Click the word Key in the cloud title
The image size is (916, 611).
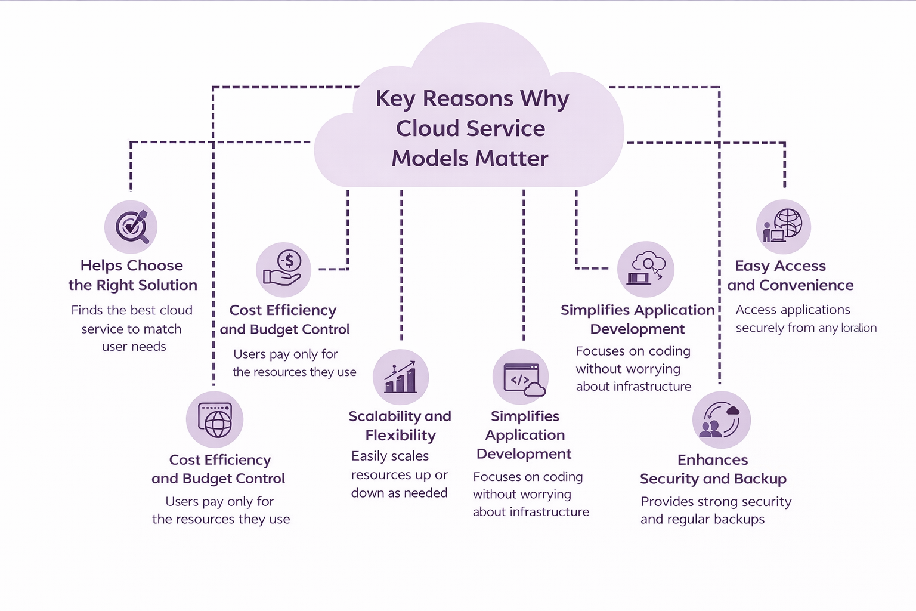pos(395,99)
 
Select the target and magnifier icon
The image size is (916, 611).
pos(131,227)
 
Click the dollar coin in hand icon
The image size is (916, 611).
pos(284,269)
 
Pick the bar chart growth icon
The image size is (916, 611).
pos(400,377)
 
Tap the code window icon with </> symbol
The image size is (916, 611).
pos(521,378)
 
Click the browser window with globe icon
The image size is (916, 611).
pos(215,419)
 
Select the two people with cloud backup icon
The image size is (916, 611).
pos(721,419)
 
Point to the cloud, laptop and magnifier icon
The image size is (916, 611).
pos(646,269)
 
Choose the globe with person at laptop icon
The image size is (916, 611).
pos(783,227)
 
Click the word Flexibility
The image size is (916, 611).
pos(400,436)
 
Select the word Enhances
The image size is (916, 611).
pos(713,460)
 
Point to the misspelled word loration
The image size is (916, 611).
pos(859,328)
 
